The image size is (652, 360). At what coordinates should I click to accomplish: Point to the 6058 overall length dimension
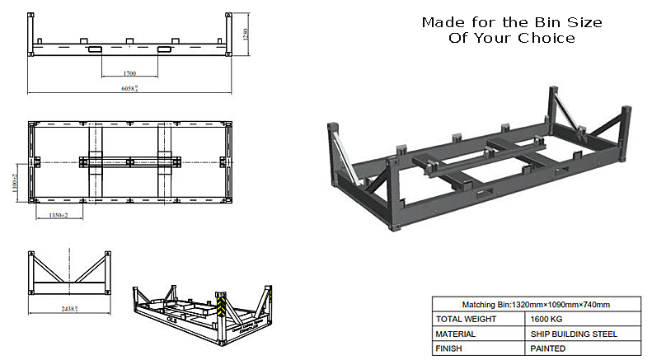pos(129,87)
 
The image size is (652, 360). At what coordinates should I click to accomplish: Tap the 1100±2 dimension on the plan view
pos(16,180)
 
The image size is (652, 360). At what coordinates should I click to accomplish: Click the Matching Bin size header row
pos(536,304)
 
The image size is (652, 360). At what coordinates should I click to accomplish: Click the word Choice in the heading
pos(544,38)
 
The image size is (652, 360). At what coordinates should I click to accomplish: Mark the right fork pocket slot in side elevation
pos(166,50)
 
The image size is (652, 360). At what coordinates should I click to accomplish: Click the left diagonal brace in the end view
pos(45,267)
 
